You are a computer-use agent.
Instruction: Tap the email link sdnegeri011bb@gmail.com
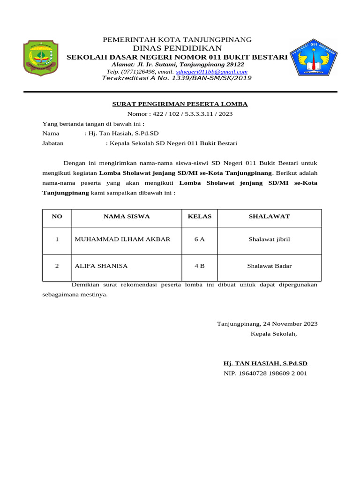[x=211, y=72]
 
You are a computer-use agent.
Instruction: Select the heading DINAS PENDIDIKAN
[x=177, y=48]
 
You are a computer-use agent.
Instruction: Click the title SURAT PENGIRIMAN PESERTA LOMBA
[x=180, y=104]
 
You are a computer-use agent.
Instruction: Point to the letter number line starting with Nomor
[x=180, y=114]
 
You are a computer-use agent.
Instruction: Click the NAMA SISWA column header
[x=127, y=217]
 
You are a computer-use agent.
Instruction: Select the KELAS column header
[x=200, y=217]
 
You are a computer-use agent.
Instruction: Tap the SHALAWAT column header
[x=269, y=217]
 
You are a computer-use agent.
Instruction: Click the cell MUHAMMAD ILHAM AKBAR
[x=122, y=240]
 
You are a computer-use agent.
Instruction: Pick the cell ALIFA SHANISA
[x=101, y=266]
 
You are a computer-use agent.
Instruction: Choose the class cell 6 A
[x=200, y=240]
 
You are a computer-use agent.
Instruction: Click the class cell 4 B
[x=200, y=266]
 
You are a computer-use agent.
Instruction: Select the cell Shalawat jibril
[x=269, y=240]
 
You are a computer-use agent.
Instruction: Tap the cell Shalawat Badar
[x=269, y=266]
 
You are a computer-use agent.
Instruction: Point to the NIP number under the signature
[x=265, y=374]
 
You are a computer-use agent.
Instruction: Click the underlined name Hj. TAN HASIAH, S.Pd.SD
[x=265, y=363]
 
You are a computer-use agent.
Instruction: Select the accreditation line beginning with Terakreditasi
[x=177, y=78]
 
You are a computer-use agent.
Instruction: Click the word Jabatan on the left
[x=53, y=143]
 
